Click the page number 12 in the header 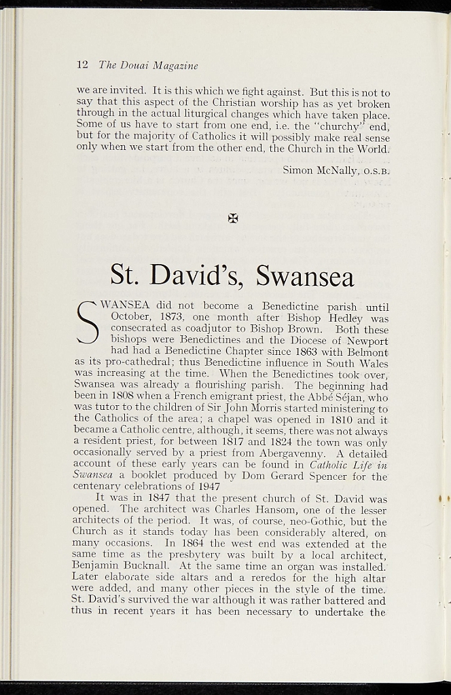(82, 65)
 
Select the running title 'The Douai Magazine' (148, 66)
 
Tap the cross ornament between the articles (233, 218)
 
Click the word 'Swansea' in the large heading (305, 276)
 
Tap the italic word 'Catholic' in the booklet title (331, 465)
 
